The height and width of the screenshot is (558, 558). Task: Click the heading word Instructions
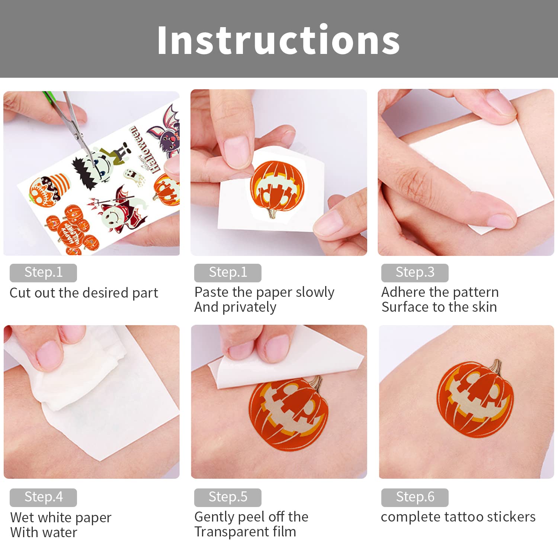click(x=278, y=40)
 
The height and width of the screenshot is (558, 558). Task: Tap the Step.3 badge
click(x=415, y=273)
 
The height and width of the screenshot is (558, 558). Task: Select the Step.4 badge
click(x=43, y=497)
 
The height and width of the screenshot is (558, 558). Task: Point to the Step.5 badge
click(x=228, y=497)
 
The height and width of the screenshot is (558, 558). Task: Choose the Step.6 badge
click(x=415, y=497)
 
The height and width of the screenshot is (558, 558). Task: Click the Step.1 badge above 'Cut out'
click(x=43, y=273)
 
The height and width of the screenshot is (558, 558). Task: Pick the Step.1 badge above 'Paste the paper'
click(x=228, y=273)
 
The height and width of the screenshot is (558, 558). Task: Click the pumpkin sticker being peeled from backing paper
click(x=277, y=186)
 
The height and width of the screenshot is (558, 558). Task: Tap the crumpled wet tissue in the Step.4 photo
click(x=78, y=376)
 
